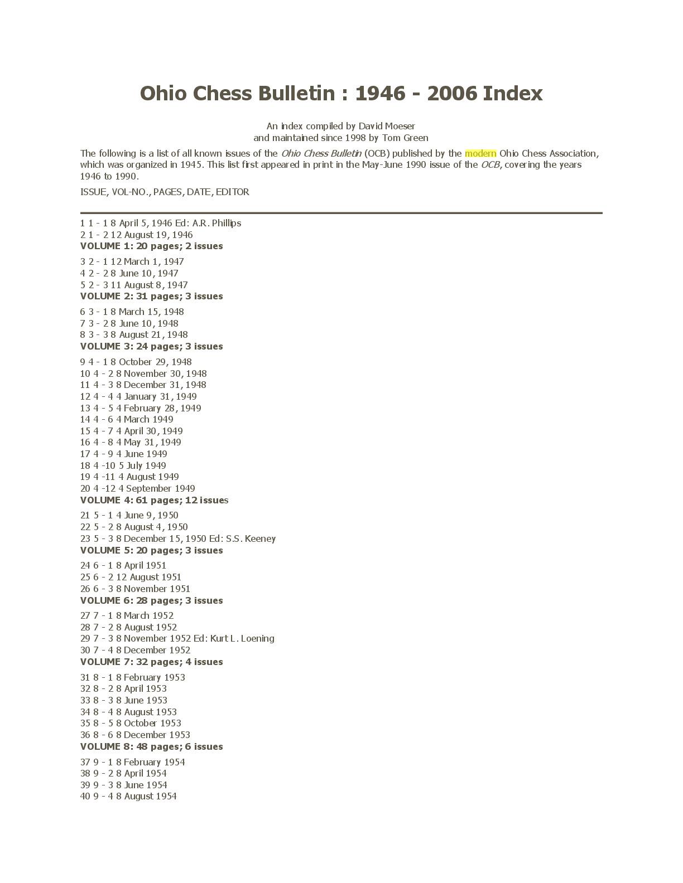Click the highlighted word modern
pos(480,153)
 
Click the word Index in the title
pos(512,93)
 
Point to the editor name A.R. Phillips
pos(217,223)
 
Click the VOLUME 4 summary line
pos(154,500)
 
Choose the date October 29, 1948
pos(155,362)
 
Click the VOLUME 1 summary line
pos(151,246)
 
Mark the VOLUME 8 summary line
pos(151,746)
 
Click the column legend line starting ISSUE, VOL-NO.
pos(165,192)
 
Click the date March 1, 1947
pos(153,261)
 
